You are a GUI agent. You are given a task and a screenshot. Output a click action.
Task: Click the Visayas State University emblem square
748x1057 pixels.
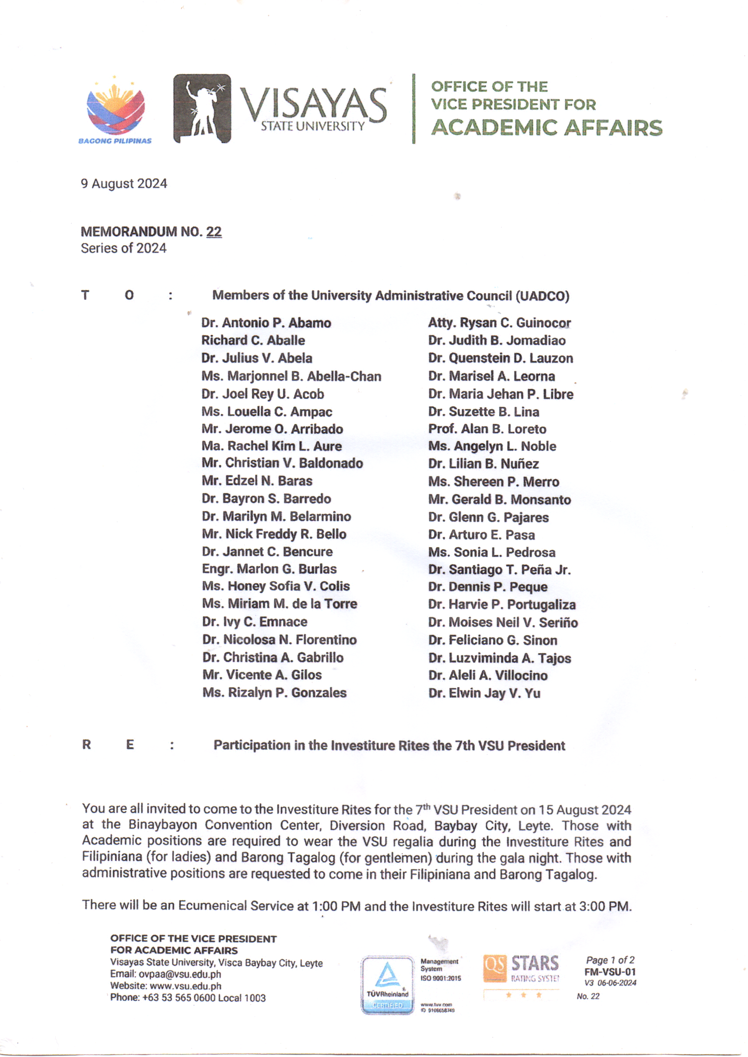tap(202, 109)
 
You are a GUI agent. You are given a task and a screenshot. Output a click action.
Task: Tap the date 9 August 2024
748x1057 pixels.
tap(124, 184)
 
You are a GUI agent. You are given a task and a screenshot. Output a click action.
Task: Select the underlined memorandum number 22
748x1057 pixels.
tap(214, 231)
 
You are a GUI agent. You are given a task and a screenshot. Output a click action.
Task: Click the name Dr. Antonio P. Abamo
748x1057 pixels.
tap(266, 323)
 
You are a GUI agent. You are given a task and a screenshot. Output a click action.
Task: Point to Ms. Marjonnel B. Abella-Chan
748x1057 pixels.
tap(291, 376)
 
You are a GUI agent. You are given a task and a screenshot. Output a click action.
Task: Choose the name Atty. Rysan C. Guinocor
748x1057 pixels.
tap(499, 323)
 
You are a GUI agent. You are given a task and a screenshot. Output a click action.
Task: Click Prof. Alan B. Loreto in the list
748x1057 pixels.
tap(487, 429)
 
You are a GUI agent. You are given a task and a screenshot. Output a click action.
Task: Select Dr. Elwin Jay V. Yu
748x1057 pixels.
tap(484, 693)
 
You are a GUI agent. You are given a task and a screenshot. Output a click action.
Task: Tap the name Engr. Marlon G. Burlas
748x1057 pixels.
tap(269, 569)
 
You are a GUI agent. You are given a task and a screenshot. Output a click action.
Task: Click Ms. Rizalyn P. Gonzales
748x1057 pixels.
tap(274, 693)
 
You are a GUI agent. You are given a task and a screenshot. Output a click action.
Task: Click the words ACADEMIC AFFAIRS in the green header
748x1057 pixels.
tap(546, 128)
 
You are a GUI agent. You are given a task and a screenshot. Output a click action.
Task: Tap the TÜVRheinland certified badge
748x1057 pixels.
tap(388, 985)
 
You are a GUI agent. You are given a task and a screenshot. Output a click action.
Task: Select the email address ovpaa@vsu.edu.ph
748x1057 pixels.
tap(180, 974)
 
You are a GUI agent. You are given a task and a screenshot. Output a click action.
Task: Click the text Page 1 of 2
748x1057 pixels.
tap(610, 960)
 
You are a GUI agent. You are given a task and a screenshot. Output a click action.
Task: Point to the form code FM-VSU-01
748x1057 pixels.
tap(610, 972)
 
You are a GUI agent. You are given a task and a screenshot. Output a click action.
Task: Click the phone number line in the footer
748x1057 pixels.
tap(188, 998)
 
